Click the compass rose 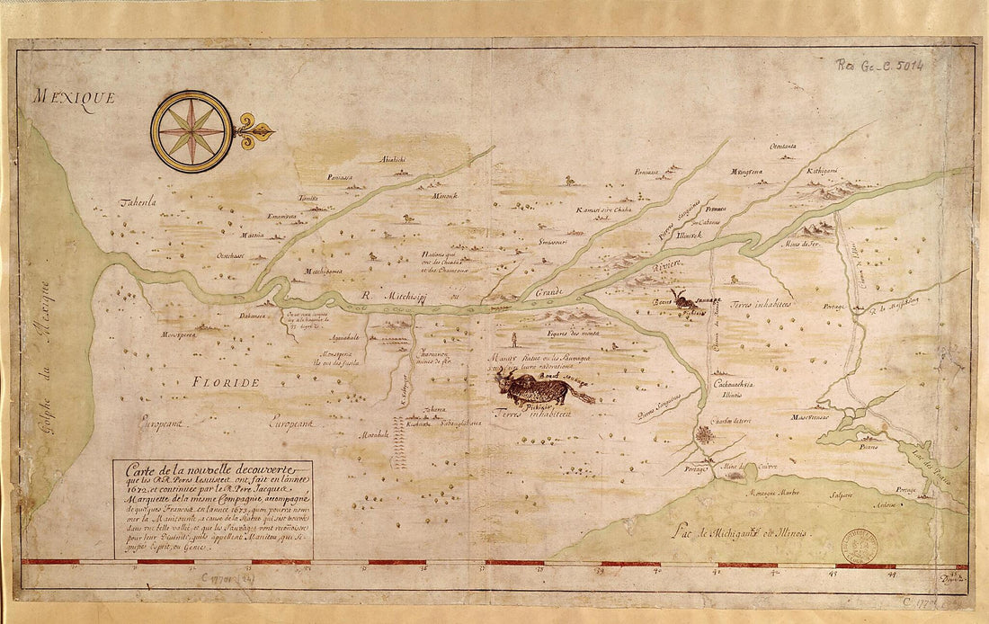click(192, 131)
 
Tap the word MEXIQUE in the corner click(74, 97)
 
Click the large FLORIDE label click(225, 382)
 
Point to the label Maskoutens click(809, 417)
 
